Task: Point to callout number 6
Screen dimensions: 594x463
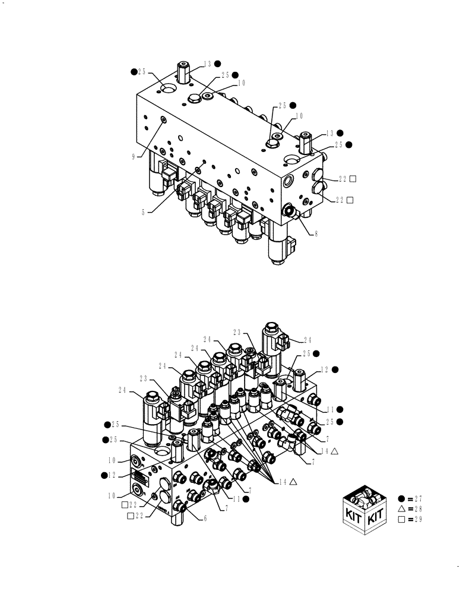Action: (205, 518)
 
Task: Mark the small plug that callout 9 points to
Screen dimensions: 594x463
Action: (163, 121)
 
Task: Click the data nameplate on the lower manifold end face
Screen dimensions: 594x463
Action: (138, 476)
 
